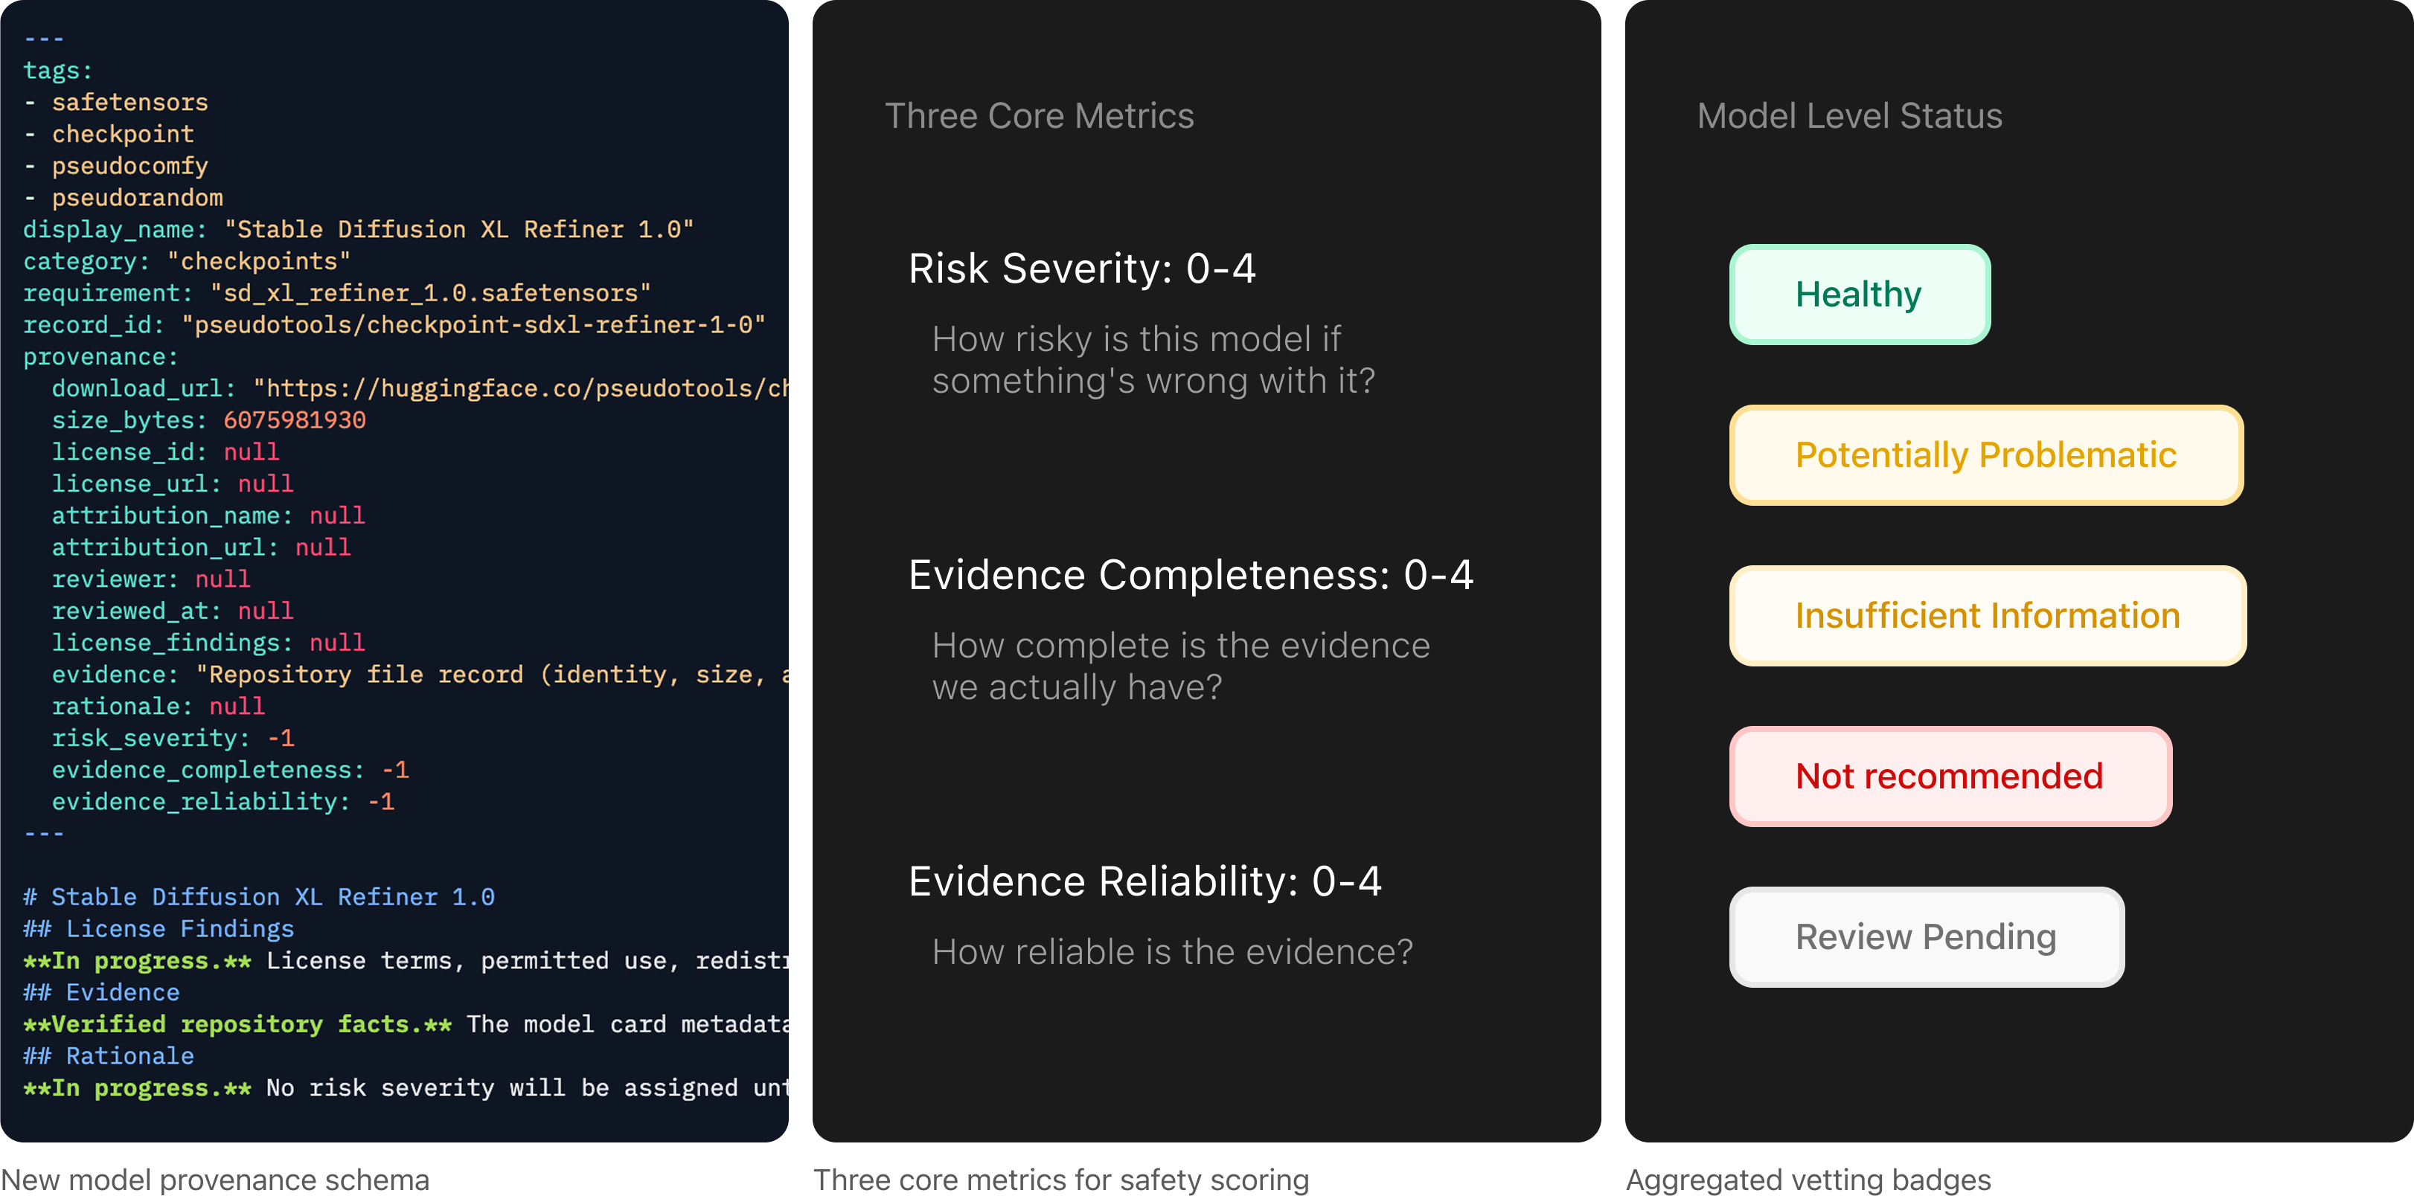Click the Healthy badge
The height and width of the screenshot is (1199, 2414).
coord(1859,294)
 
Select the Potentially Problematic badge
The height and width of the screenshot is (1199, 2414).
coord(1985,455)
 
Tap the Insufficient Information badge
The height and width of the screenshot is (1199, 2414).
coord(1988,615)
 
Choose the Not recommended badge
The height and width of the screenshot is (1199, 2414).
coord(1950,777)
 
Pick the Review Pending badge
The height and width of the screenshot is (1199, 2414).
coord(1927,936)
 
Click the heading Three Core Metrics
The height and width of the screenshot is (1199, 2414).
coord(1040,116)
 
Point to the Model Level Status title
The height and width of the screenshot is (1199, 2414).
coord(1850,116)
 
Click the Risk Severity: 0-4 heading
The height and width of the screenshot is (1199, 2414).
coord(1083,269)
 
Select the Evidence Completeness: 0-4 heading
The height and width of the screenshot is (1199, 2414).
coord(1191,575)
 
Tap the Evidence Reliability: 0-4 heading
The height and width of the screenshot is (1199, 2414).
coord(1145,881)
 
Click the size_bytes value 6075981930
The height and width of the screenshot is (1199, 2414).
coord(294,420)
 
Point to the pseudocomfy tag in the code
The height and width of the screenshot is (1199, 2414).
coord(130,166)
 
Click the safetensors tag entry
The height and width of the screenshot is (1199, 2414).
coord(130,102)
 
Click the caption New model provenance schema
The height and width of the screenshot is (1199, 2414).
coord(214,1180)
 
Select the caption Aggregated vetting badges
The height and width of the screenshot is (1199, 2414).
coord(1808,1180)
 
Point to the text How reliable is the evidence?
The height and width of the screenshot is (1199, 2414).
coord(1172,952)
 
